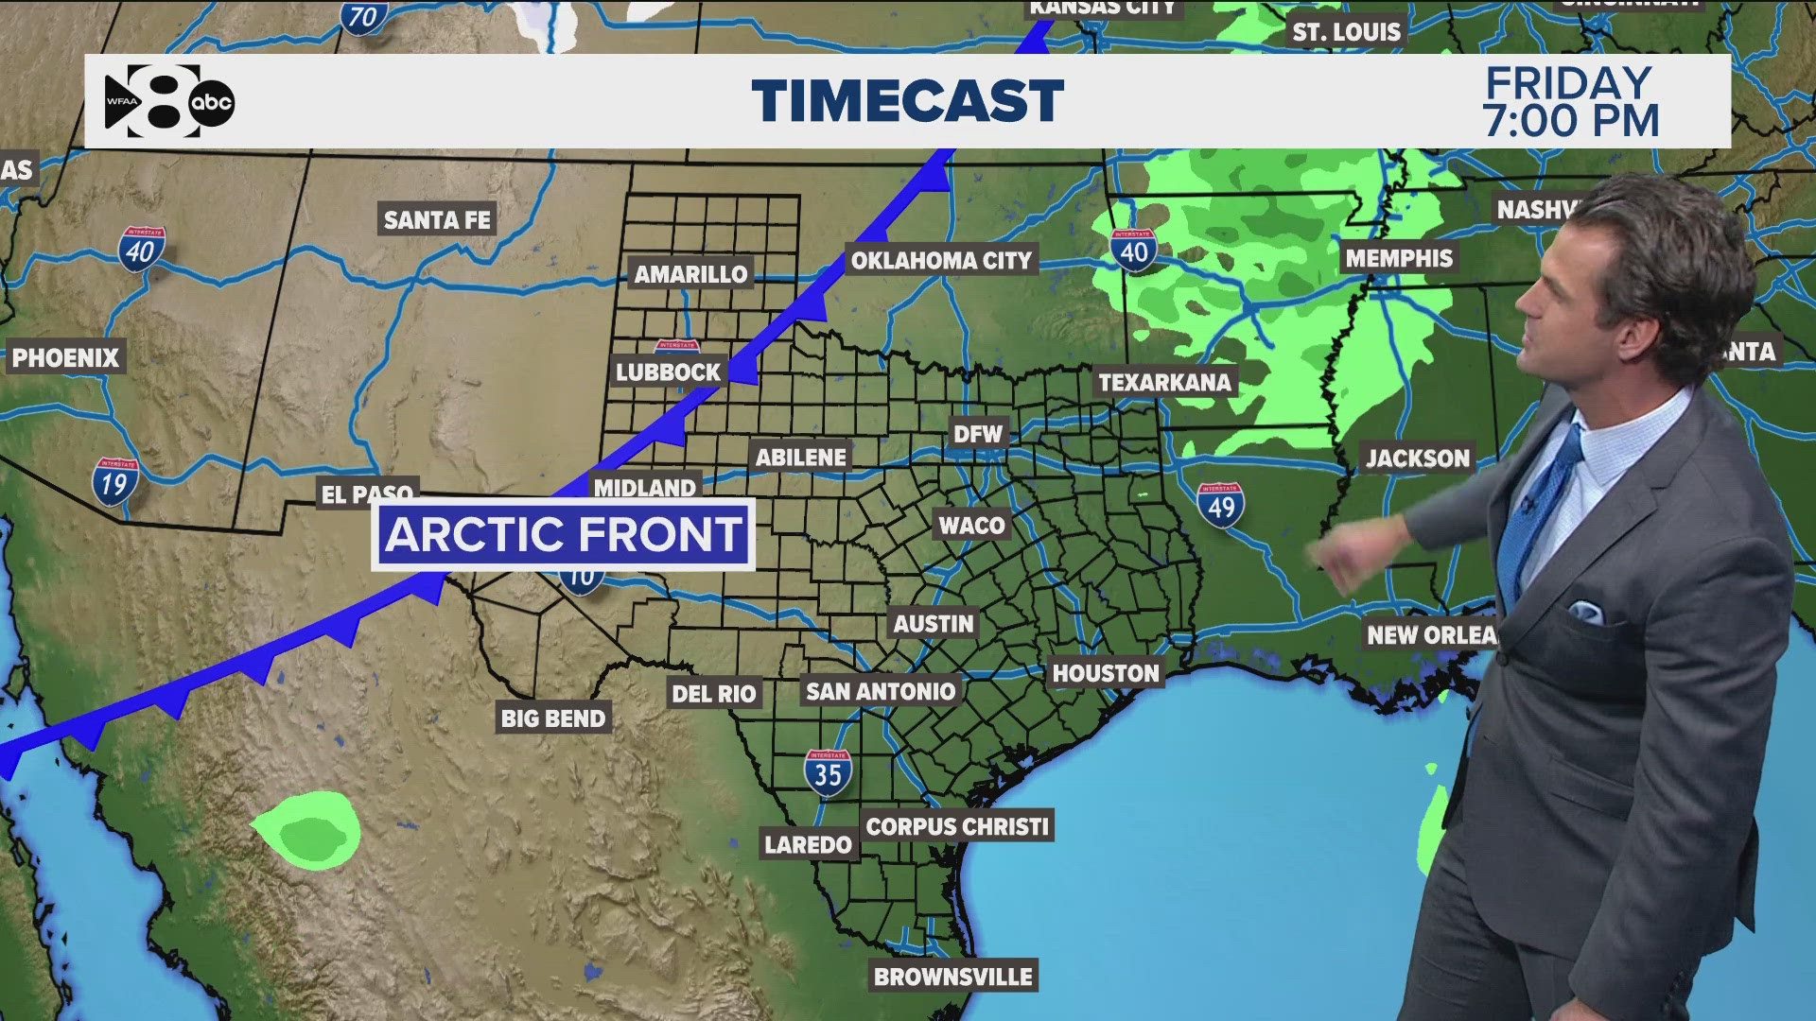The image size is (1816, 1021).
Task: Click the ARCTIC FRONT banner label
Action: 563,534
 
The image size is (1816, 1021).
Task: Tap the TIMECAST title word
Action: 907,101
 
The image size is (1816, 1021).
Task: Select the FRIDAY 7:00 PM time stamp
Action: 1570,102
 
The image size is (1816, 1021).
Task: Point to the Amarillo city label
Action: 690,274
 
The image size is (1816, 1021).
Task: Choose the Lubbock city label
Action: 668,372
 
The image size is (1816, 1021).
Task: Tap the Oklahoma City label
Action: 941,261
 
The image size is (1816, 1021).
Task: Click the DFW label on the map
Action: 977,434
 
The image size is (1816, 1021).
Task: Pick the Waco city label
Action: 971,526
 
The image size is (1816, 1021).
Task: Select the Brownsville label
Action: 952,977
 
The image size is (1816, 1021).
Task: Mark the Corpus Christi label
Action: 957,826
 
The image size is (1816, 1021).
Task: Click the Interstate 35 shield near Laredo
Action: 828,773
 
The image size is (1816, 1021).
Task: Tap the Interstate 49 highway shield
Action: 1220,506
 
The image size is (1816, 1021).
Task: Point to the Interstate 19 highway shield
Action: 114,482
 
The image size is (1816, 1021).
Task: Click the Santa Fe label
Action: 437,220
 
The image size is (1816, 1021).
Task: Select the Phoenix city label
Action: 65,358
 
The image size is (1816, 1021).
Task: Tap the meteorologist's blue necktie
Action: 1537,515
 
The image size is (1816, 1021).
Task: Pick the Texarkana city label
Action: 1164,383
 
